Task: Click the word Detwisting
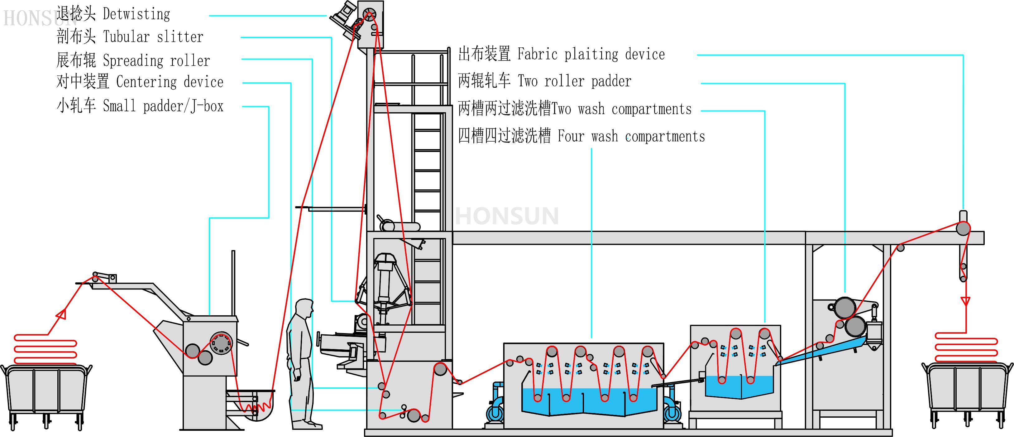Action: point(136,14)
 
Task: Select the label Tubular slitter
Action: point(153,37)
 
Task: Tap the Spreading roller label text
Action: point(156,61)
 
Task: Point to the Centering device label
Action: point(170,82)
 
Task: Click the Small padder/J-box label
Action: point(163,106)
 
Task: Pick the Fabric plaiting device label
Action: point(591,54)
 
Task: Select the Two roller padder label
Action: point(574,81)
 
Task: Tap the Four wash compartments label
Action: point(631,136)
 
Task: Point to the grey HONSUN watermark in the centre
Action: point(507,216)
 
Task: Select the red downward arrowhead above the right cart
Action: point(965,301)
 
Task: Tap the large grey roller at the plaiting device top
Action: point(963,228)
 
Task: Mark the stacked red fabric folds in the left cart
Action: point(45,350)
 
